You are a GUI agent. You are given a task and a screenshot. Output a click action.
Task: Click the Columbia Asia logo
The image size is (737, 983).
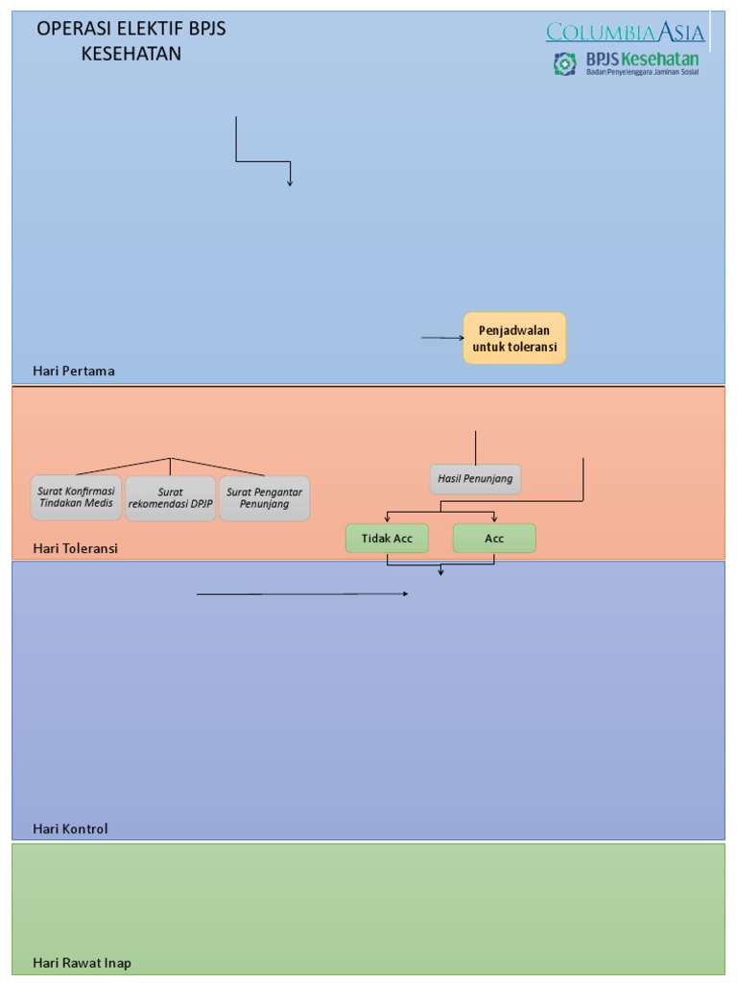coord(626,33)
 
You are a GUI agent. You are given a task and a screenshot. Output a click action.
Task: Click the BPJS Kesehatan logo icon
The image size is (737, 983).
coord(565,64)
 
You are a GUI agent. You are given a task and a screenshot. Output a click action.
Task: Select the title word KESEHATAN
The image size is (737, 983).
coord(131,54)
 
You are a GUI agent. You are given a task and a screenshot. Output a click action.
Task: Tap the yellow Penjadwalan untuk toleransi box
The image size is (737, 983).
coord(514,338)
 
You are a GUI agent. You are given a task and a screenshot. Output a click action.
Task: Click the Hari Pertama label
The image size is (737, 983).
coord(74,371)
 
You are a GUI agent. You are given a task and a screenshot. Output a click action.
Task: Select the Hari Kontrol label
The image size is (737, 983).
coord(70,828)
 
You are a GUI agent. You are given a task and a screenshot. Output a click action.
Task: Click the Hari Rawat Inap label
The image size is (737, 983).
coord(82,963)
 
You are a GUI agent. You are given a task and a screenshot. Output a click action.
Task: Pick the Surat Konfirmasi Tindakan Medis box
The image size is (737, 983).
coord(76,497)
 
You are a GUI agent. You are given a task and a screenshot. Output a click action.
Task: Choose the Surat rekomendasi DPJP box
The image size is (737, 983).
coord(171,498)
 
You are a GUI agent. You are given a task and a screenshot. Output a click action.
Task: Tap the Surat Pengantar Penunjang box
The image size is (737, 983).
coord(265,498)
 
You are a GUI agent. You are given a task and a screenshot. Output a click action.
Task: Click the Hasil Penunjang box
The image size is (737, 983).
coord(475,478)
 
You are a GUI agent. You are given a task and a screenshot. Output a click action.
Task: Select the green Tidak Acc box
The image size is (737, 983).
coord(387,539)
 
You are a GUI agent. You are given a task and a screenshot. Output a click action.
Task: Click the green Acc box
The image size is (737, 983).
coord(494,539)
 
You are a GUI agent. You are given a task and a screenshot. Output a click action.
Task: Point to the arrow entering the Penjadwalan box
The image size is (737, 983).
coord(442,338)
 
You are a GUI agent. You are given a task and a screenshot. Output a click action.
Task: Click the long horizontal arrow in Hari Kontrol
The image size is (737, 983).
coord(302,594)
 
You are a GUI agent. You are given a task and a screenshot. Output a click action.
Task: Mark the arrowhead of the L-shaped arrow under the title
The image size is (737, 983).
coord(289,181)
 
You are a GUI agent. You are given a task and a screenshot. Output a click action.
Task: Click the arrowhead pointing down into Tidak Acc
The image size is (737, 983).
coord(388,518)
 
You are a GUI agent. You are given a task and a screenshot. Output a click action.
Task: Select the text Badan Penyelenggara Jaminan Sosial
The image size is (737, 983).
coord(642,73)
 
